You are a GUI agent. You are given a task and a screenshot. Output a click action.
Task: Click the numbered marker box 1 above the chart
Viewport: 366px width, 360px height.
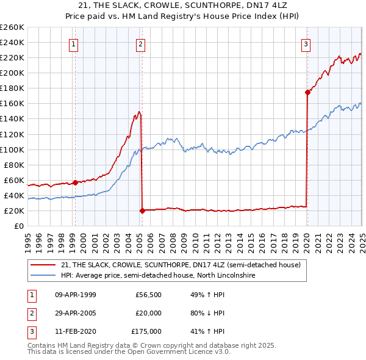click(73, 43)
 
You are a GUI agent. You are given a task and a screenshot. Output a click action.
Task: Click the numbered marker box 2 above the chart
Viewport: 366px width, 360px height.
click(140, 43)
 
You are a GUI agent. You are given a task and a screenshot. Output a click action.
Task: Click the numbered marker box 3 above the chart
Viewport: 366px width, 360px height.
click(306, 43)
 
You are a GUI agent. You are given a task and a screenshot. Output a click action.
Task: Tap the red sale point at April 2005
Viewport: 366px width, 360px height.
click(142, 211)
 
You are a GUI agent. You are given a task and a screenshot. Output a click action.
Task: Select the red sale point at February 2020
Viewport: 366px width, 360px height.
click(307, 92)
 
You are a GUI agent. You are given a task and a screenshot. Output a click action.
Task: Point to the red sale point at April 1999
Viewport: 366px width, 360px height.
click(75, 182)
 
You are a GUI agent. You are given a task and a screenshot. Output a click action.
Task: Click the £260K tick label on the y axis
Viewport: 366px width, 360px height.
click(12, 27)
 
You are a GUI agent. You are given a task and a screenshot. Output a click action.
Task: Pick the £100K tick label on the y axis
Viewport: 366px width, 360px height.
click(12, 149)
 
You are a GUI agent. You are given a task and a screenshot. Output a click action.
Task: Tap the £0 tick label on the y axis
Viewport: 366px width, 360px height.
click(18, 226)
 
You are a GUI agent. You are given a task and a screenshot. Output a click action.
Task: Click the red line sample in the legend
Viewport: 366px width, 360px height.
click(43, 265)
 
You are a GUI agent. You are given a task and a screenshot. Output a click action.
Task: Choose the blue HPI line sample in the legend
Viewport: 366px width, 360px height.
click(43, 276)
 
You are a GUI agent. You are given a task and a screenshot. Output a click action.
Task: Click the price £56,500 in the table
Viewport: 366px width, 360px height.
click(148, 295)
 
